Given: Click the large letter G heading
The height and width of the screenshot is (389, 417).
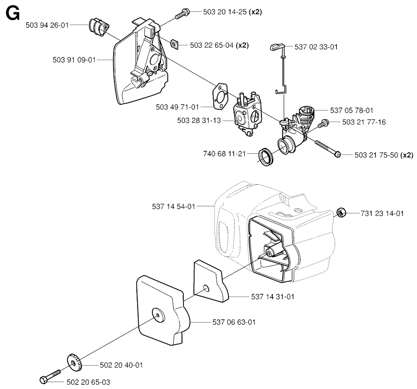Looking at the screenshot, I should [13, 15].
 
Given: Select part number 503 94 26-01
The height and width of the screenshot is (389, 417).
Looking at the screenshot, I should [46, 25].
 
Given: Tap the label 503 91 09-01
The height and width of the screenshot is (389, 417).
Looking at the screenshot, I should [74, 60].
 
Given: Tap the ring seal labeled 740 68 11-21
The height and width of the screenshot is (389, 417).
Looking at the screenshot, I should [266, 155].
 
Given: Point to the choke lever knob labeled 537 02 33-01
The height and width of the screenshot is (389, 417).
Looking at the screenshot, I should [277, 46].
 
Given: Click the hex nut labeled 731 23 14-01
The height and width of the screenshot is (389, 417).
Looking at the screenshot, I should [342, 212].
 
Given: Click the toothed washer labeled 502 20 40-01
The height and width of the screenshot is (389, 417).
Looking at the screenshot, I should [73, 362].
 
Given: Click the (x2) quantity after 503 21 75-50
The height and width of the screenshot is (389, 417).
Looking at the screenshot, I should [407, 155].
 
